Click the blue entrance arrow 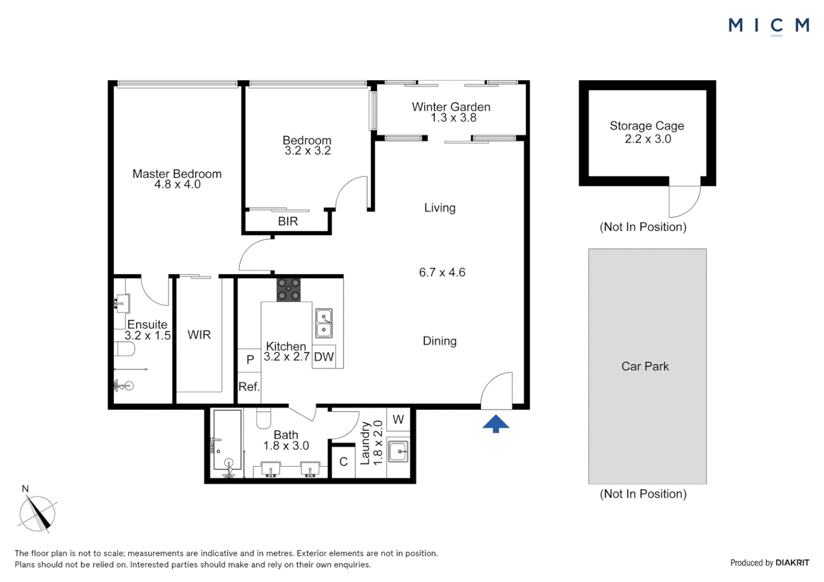click(x=496, y=424)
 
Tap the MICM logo click(x=768, y=25)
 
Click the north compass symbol click(x=37, y=514)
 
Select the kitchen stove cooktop click(x=289, y=289)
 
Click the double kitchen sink click(x=324, y=323)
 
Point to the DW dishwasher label click(x=324, y=357)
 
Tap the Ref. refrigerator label click(x=249, y=386)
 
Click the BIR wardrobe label click(x=287, y=221)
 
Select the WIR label click(x=199, y=335)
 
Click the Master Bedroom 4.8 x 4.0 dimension click(x=177, y=184)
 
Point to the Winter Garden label click(x=451, y=107)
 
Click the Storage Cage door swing click(x=685, y=201)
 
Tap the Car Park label click(x=645, y=366)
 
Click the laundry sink click(x=399, y=451)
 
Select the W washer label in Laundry click(x=398, y=419)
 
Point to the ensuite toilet click(x=125, y=350)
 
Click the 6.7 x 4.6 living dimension click(x=442, y=273)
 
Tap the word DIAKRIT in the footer click(x=792, y=563)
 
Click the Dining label click(x=440, y=341)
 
